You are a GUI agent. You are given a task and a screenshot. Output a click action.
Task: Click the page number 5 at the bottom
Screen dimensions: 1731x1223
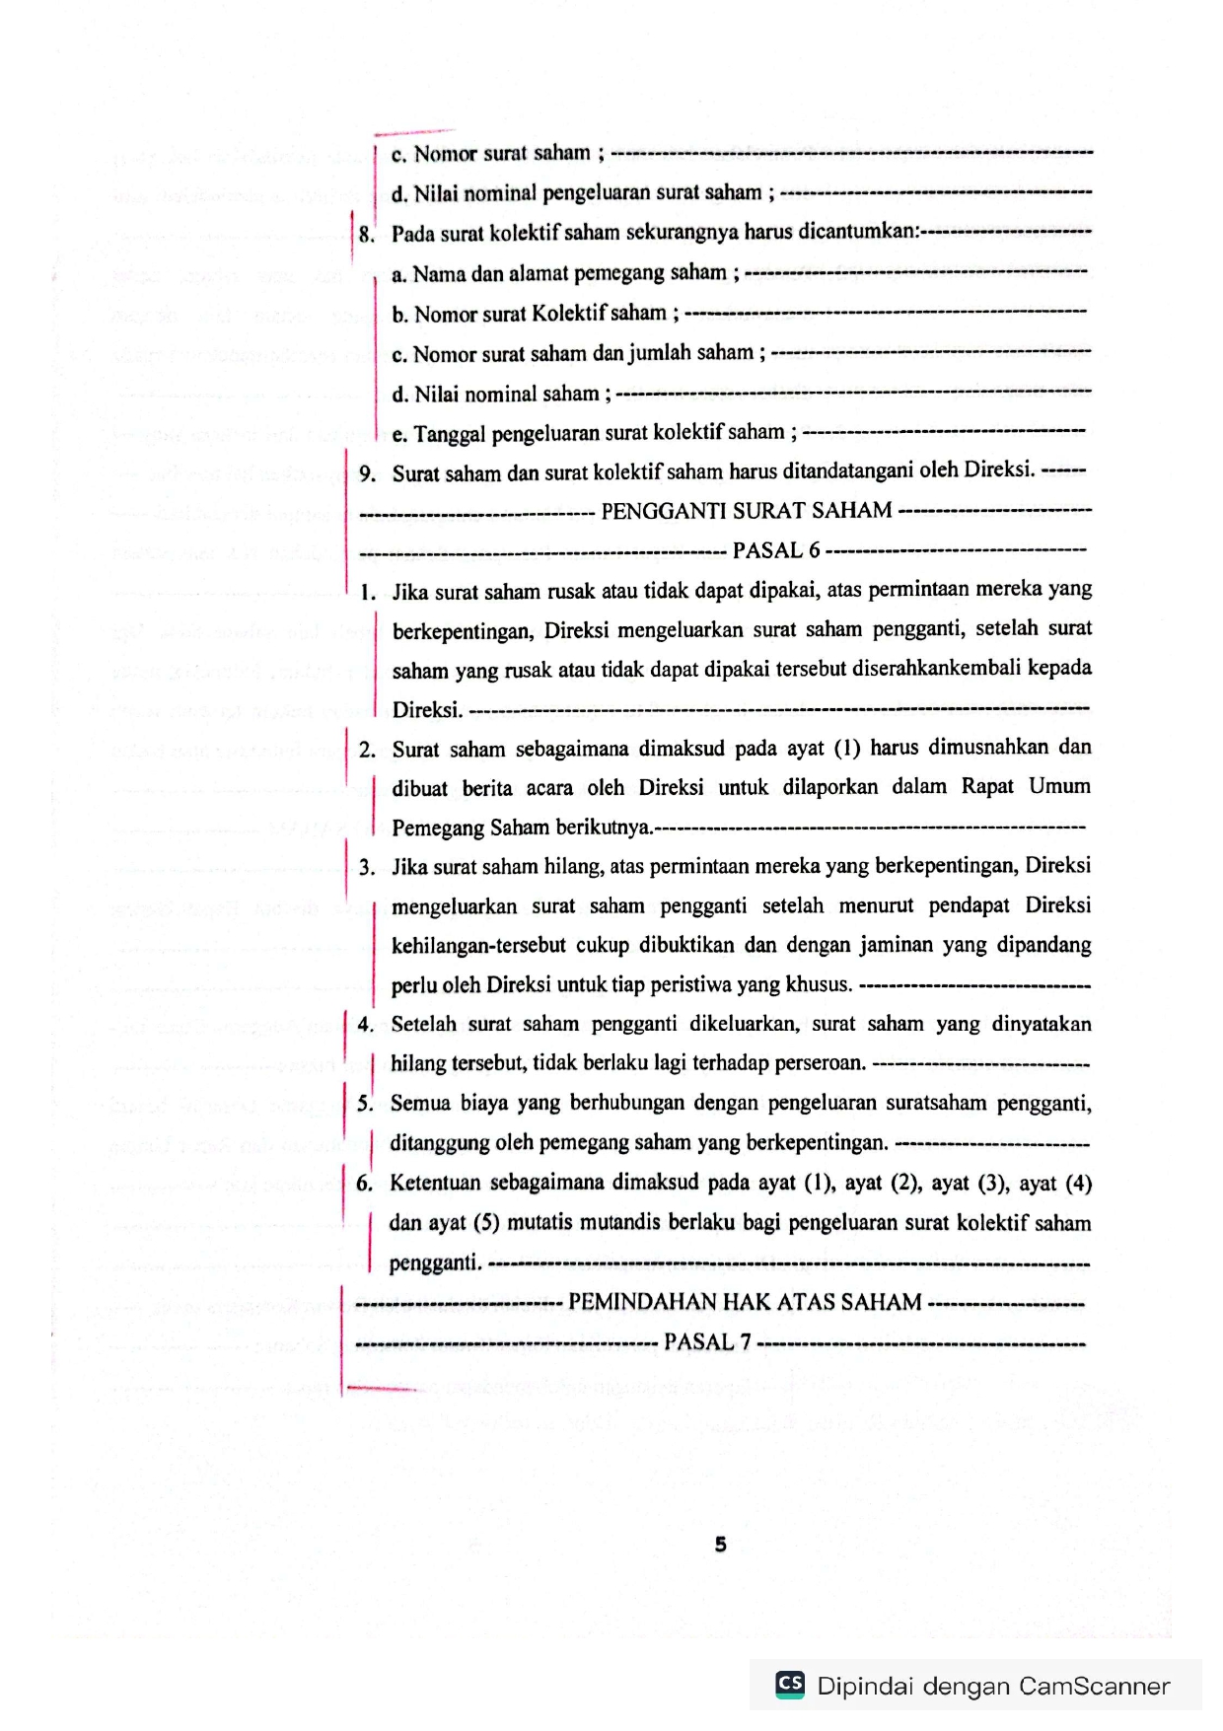720,1545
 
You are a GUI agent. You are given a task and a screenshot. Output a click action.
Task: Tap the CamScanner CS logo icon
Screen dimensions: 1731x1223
790,1684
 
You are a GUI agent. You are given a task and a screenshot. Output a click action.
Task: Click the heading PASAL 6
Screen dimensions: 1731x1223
776,550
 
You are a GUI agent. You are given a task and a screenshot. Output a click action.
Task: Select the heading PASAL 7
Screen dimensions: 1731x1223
707,1342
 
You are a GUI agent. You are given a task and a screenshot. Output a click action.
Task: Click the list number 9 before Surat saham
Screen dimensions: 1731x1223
368,474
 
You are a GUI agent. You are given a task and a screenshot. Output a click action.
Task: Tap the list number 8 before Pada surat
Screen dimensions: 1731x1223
366,235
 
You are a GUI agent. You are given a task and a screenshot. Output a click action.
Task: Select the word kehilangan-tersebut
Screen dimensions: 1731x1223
478,946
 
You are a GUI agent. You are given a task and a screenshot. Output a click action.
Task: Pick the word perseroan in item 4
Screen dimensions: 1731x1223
818,1063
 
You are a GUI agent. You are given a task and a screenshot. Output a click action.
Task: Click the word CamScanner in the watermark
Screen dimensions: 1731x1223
1094,1686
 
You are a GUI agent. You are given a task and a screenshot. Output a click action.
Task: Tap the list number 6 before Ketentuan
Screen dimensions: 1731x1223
365,1184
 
